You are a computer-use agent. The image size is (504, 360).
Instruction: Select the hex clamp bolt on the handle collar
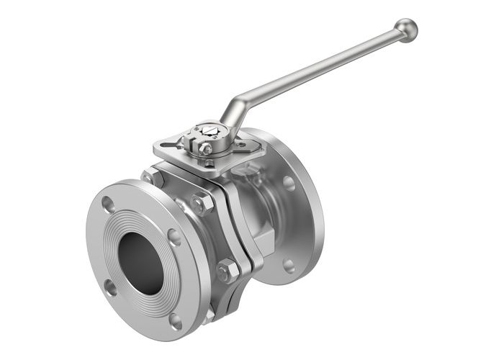pos(205,149)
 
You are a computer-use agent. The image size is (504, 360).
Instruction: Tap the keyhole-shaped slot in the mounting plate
pos(173,145)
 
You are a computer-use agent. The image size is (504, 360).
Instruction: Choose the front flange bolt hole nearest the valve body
pos(174,237)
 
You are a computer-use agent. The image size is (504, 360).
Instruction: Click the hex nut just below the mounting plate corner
pos(153,177)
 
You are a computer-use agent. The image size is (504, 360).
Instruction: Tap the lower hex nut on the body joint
pos(227,271)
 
